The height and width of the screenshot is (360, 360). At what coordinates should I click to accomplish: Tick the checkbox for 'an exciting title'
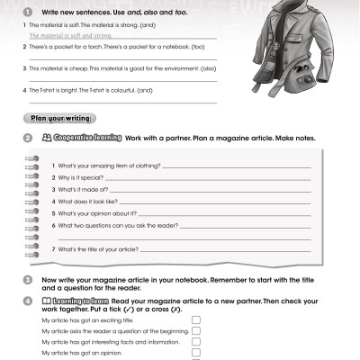(x=196, y=319)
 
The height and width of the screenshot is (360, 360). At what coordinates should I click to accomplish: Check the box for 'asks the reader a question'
(x=196, y=330)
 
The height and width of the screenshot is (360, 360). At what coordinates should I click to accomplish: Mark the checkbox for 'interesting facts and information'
(x=196, y=342)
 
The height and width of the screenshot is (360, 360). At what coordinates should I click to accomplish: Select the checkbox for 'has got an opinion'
(x=196, y=353)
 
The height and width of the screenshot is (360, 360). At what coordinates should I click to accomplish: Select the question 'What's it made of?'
(x=80, y=190)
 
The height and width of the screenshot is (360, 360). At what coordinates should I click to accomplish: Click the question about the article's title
(x=94, y=248)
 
